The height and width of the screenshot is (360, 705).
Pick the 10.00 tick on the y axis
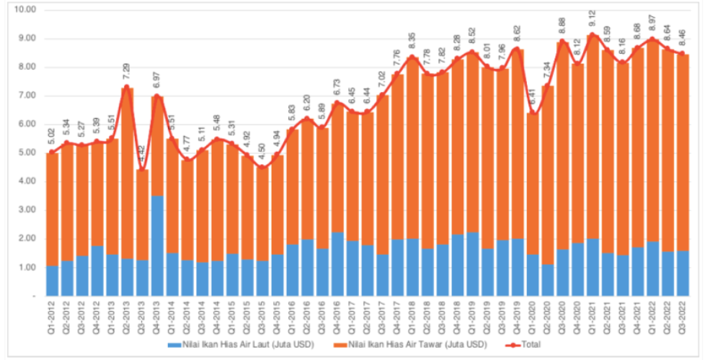25,10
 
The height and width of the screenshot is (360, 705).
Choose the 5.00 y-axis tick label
28,153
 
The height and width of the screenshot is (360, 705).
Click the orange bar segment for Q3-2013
142,215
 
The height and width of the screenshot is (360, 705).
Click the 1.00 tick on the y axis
28,267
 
